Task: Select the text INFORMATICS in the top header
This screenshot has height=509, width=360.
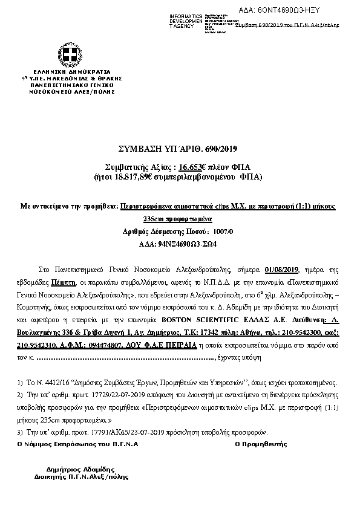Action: coord(186,15)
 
